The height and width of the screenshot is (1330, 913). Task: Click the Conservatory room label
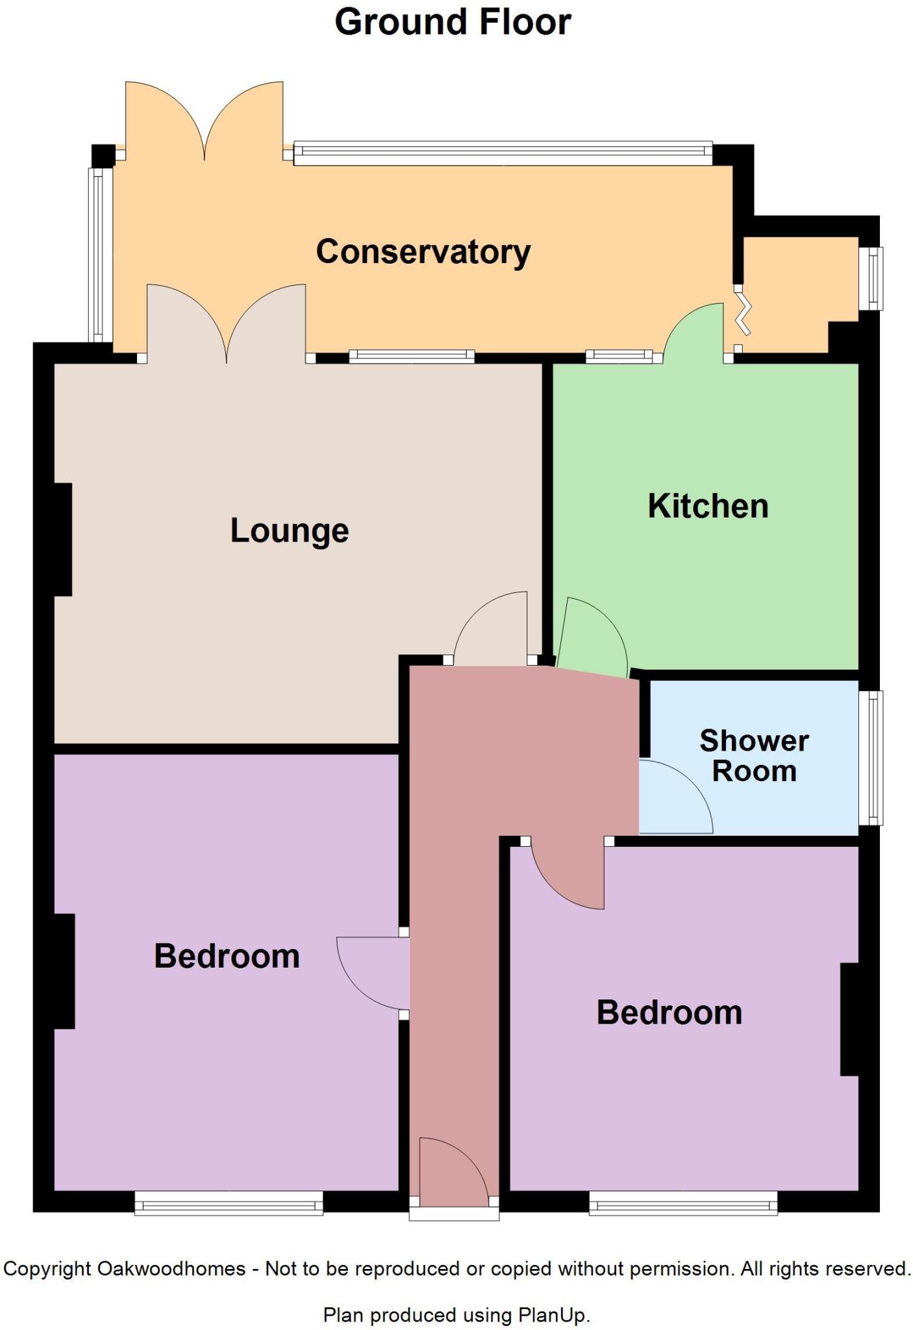(x=423, y=252)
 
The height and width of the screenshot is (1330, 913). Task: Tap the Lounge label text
(x=290, y=531)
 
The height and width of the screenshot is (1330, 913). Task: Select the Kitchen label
(x=708, y=506)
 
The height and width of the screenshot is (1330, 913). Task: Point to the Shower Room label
(x=754, y=756)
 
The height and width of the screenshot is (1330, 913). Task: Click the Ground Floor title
(x=453, y=22)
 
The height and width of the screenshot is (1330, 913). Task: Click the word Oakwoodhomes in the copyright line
(x=171, y=1268)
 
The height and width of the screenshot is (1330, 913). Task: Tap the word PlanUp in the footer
(x=552, y=1315)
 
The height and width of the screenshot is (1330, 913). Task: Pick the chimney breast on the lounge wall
(x=63, y=539)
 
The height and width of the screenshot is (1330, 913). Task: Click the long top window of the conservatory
(x=503, y=153)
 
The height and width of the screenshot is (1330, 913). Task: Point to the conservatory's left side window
(x=99, y=255)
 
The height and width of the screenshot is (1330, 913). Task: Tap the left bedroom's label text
(x=227, y=957)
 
